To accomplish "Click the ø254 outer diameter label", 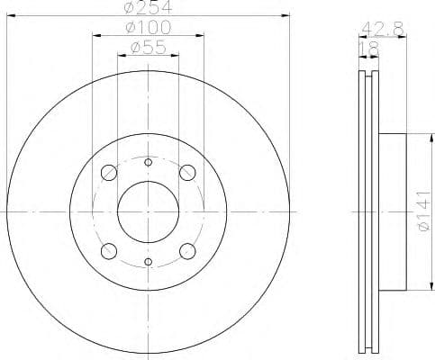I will [x=148, y=7].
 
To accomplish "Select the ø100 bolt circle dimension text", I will [x=148, y=30].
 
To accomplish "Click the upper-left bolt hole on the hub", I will [x=109, y=173].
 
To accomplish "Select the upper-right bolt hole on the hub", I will [x=187, y=173].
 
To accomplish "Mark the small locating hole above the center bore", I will [x=148, y=162].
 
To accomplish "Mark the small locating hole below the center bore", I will [x=148, y=262].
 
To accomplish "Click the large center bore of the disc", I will [x=148, y=211].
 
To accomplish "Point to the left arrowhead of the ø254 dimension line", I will [x=11, y=15].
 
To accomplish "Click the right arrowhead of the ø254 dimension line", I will [x=286, y=15].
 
